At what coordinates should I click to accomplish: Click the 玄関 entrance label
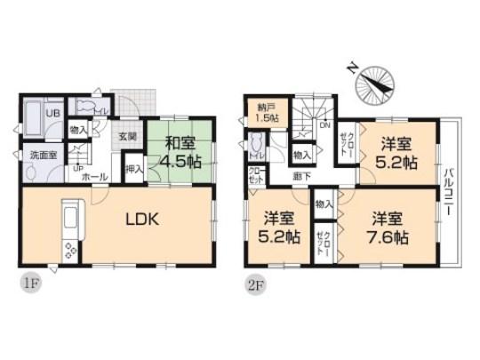click(x=128, y=138)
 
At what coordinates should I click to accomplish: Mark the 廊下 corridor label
click(x=301, y=177)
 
